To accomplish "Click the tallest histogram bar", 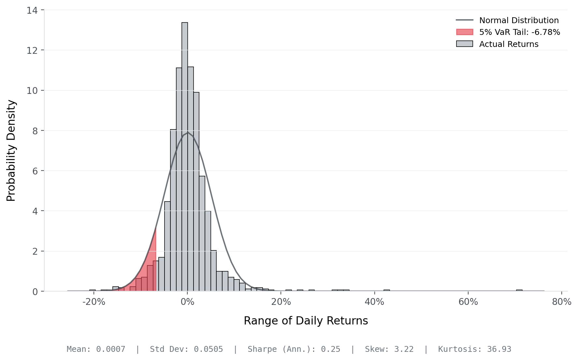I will [x=185, y=157].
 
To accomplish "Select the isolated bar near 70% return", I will [x=519, y=290].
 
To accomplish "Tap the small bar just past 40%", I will [x=386, y=290].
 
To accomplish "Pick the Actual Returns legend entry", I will [x=509, y=44].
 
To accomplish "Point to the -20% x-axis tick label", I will [x=94, y=302].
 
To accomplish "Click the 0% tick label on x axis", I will [x=187, y=302].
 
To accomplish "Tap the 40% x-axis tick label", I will [x=374, y=302].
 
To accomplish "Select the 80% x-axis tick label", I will [x=561, y=302].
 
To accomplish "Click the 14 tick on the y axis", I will [x=32, y=10].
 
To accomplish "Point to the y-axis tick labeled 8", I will [x=35, y=131].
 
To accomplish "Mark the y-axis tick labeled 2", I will [x=35, y=251].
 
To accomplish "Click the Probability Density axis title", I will [x=11, y=151].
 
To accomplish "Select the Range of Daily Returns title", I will [x=306, y=321].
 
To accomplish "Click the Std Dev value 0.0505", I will [x=208, y=349].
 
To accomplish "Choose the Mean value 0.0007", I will [x=110, y=349].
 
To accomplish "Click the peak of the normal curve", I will [x=187, y=132].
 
